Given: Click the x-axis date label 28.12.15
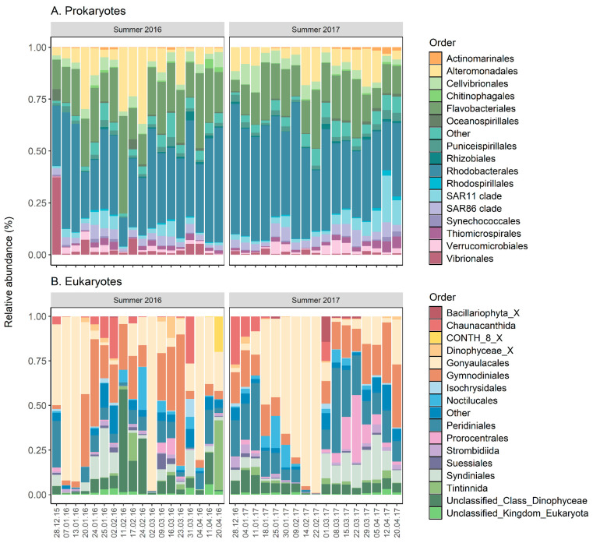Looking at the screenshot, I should pyautogui.click(x=57, y=518).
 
